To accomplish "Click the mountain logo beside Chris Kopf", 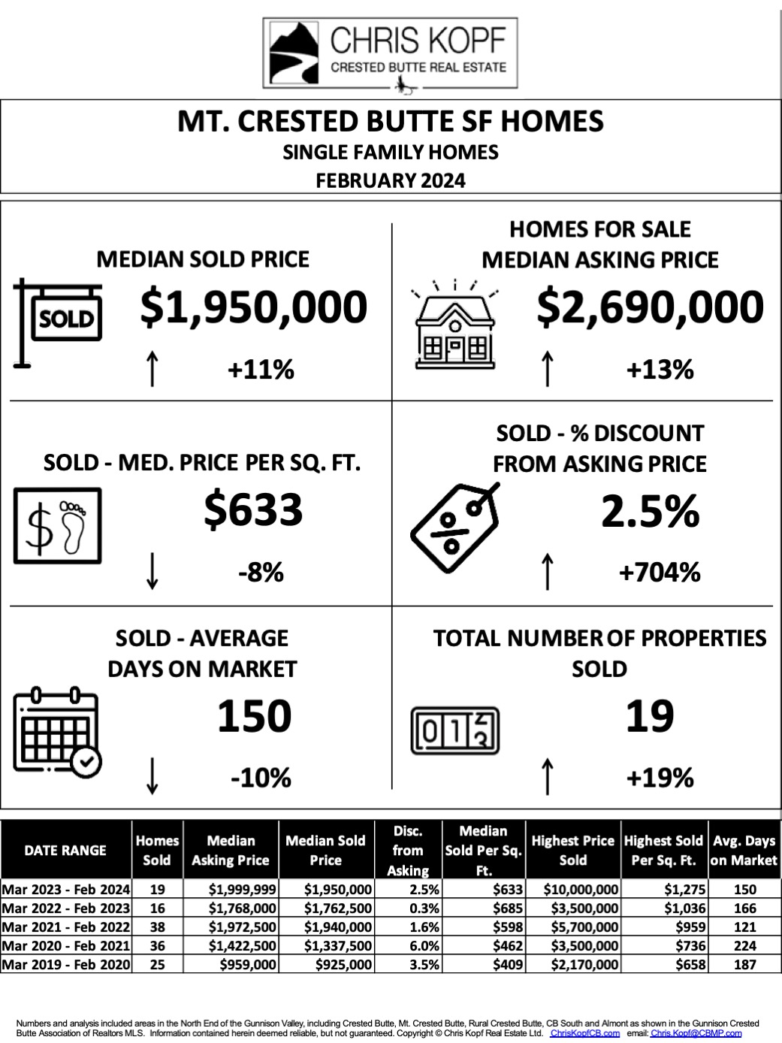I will (296, 53).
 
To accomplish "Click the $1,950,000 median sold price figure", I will (254, 308).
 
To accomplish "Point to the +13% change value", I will (660, 370).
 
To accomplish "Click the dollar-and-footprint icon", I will (57, 526).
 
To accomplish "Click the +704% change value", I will (660, 573).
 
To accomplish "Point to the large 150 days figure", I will (254, 716).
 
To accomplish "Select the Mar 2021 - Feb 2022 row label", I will (66, 927).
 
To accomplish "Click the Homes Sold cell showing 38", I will (157, 927).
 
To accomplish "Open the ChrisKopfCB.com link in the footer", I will (584, 1033).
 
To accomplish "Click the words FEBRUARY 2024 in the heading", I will (391, 180).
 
